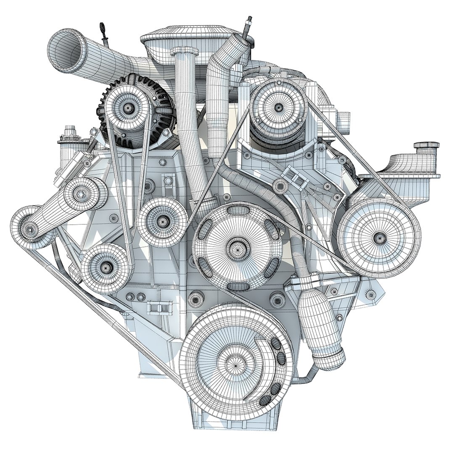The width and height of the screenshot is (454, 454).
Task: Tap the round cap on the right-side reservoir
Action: coord(427,146)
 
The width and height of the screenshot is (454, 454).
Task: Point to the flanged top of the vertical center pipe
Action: coord(185,52)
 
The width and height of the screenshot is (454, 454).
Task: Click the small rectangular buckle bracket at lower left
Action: coord(156,307)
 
